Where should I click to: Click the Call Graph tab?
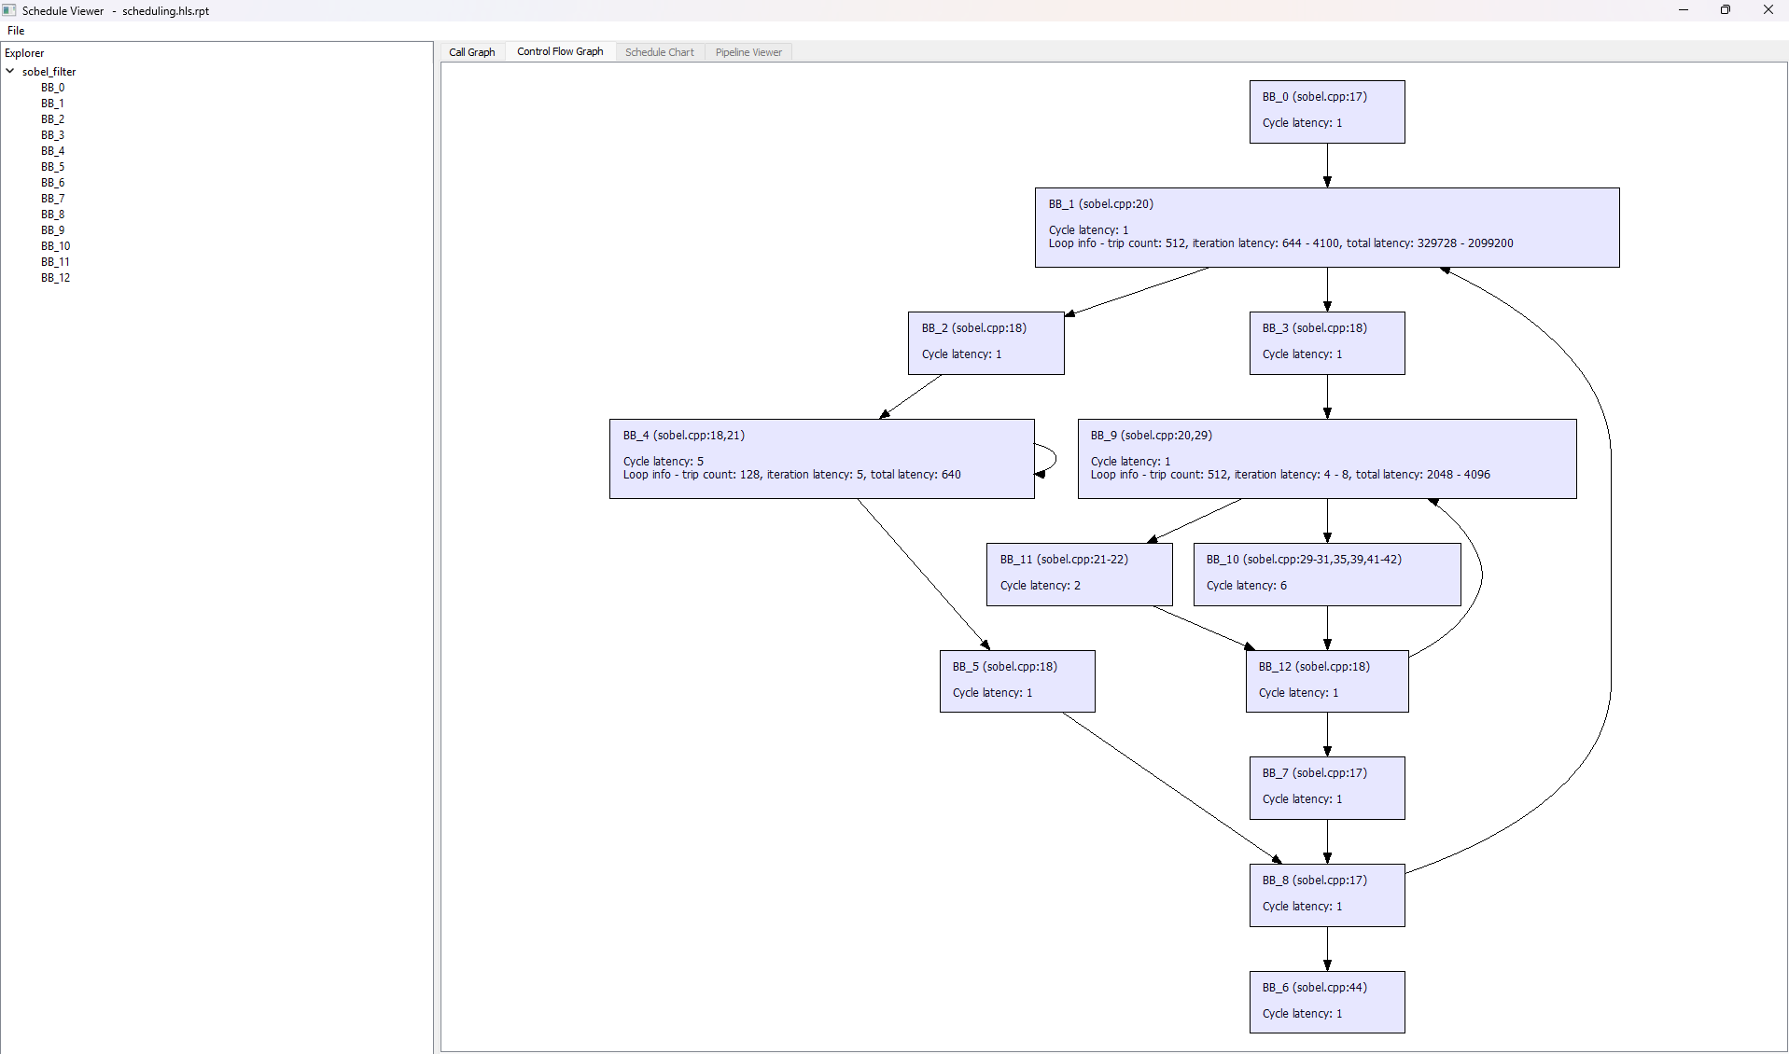click(x=472, y=52)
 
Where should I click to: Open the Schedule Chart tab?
click(x=660, y=52)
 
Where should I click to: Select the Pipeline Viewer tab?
click(x=748, y=52)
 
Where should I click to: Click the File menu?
click(x=16, y=31)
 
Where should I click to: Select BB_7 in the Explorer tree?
click(x=53, y=199)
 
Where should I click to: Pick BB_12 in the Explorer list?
click(x=56, y=278)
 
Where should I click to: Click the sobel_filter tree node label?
click(x=49, y=72)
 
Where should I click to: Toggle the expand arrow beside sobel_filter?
click(x=10, y=71)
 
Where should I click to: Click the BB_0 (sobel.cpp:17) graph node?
click(x=1327, y=112)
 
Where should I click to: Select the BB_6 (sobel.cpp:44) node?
click(x=1327, y=1003)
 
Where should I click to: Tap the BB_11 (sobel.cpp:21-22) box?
click(x=1080, y=575)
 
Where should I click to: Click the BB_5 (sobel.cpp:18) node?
click(x=1017, y=681)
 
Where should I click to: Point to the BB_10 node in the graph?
click(x=1327, y=575)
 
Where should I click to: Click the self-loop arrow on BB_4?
click(x=1055, y=459)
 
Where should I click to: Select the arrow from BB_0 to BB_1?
click(x=1327, y=166)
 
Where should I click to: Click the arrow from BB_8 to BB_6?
click(x=1327, y=949)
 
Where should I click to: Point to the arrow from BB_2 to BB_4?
click(x=910, y=396)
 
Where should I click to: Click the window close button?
click(x=1768, y=10)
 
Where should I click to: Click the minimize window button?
click(x=1684, y=10)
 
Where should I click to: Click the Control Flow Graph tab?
click(x=560, y=52)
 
